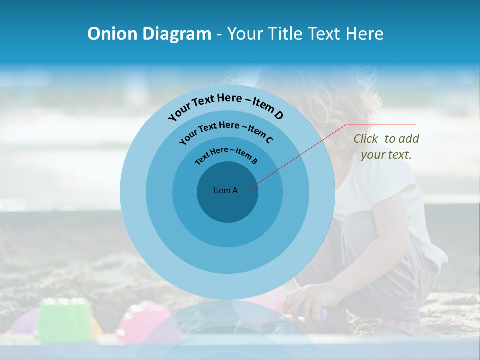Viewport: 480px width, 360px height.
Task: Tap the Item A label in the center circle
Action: (225, 190)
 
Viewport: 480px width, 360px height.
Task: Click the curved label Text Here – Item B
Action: (226, 155)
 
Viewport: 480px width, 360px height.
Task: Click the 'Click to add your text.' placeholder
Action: (386, 147)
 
